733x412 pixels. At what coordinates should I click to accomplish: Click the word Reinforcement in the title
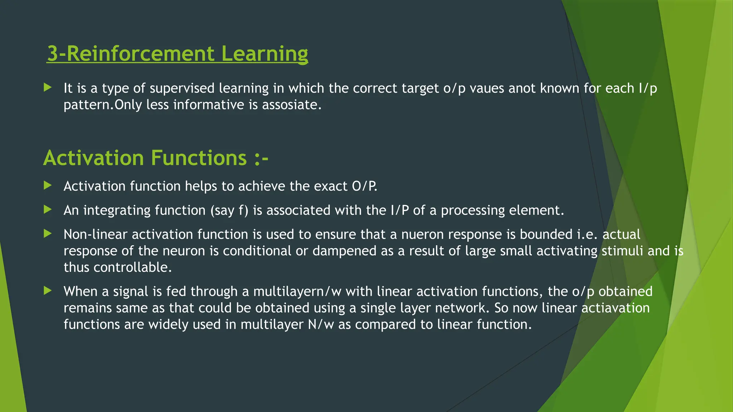tap(140, 54)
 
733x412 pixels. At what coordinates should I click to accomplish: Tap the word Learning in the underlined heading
tap(264, 54)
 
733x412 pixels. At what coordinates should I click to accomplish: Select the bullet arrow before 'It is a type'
tap(48, 87)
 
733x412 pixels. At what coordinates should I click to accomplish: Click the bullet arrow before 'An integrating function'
tap(48, 210)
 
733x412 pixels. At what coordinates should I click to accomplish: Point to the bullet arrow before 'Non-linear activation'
tap(48, 234)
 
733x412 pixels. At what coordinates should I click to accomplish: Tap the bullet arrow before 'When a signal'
tap(48, 290)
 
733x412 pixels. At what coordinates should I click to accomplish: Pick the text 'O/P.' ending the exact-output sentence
tap(364, 186)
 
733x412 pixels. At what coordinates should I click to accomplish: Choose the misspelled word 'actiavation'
tap(615, 308)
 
